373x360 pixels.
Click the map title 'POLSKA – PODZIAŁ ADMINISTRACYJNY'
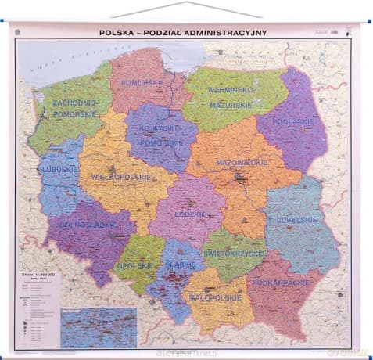click(183, 32)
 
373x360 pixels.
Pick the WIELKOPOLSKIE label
click(120, 177)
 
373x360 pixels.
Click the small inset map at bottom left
click(99, 327)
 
